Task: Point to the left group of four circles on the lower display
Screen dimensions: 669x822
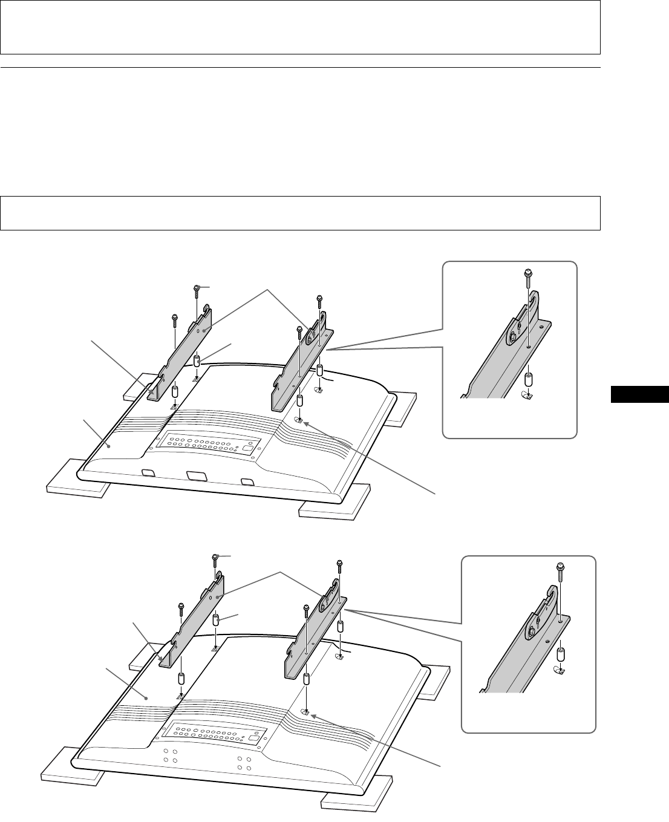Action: [169, 757]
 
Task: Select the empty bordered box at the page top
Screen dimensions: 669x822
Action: [299, 27]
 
